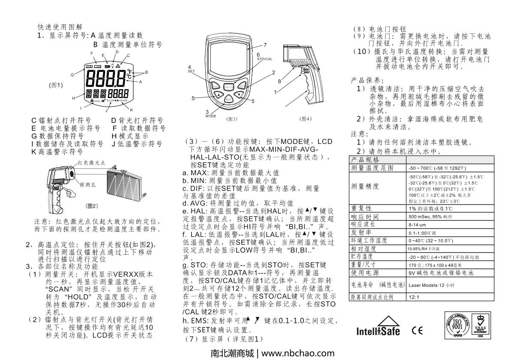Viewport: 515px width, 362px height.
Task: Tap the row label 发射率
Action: click(x=361, y=233)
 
